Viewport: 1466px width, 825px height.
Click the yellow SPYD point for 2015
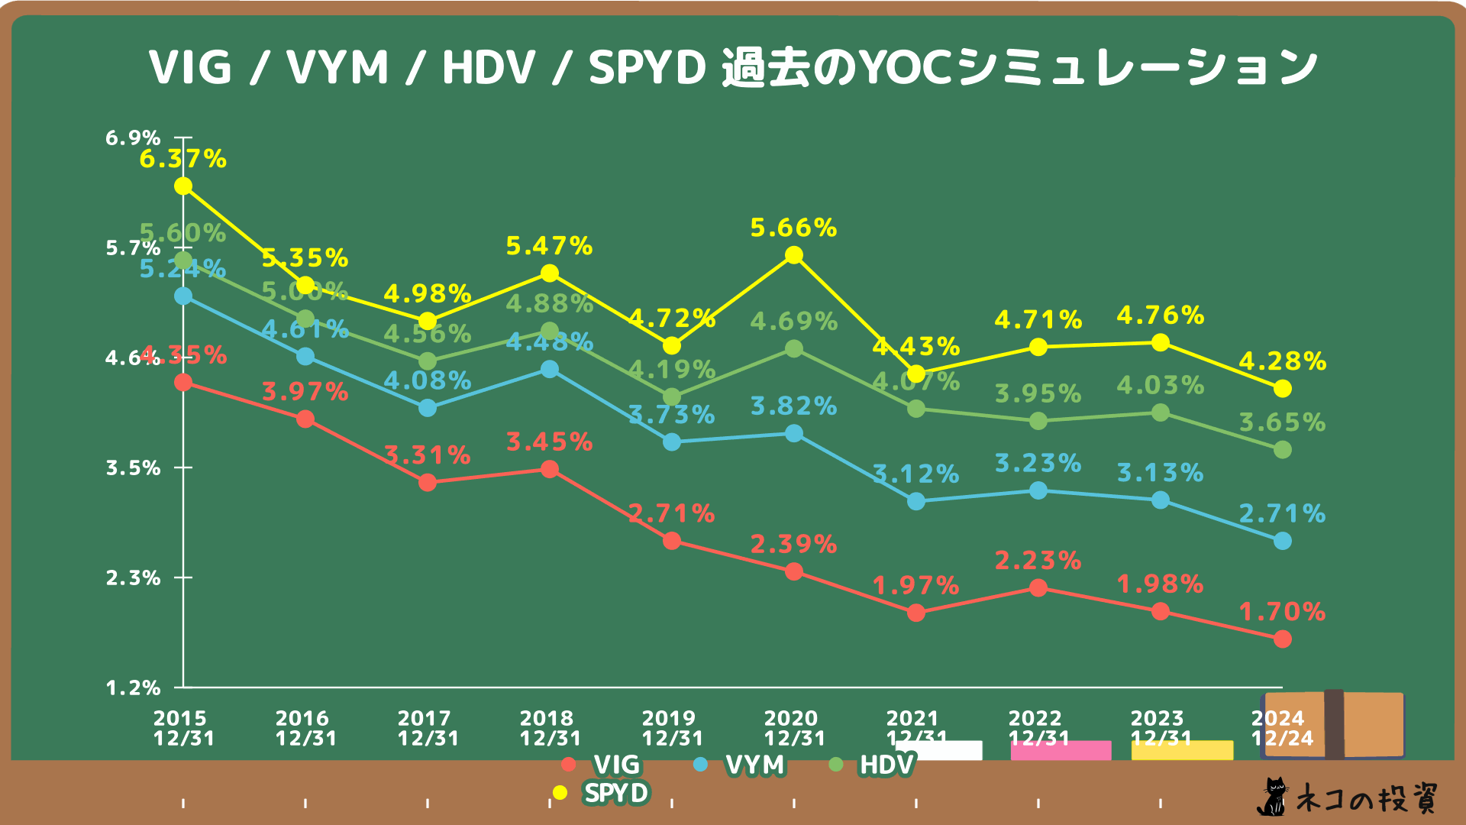[183, 186]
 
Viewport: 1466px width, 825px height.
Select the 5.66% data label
[793, 228]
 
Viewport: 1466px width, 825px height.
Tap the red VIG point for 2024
[1283, 639]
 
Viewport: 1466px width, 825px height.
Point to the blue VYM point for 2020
[794, 433]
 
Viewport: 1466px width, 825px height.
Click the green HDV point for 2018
[550, 332]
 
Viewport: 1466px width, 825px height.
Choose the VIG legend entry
[603, 765]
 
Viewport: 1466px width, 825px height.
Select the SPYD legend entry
[603, 793]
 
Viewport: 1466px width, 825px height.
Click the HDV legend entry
[874, 765]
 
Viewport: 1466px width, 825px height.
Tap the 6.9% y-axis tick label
[133, 138]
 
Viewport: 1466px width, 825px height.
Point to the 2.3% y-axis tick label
[133, 578]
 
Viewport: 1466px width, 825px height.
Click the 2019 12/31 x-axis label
[671, 728]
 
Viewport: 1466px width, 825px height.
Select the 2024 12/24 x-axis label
[1281, 728]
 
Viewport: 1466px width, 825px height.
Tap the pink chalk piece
[1061, 750]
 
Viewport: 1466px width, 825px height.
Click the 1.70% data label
[1282, 612]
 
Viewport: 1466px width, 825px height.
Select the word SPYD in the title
[647, 67]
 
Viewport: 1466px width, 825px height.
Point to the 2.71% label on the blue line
[1282, 513]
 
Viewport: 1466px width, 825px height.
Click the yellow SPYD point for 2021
[916, 374]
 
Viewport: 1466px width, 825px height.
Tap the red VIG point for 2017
[428, 483]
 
